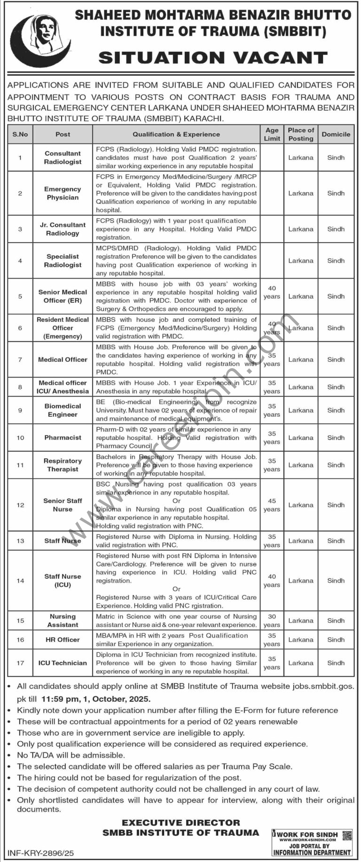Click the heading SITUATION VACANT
(x=213, y=58)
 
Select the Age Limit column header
(x=272, y=134)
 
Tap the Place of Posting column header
(x=301, y=134)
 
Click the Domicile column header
(x=336, y=134)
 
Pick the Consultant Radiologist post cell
(x=63, y=158)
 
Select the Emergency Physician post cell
(x=63, y=193)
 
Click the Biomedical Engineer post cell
(x=63, y=410)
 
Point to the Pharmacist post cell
(x=63, y=437)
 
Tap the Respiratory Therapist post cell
(x=63, y=465)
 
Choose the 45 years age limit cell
(x=272, y=505)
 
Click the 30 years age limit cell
(x=272, y=621)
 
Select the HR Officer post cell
(x=63, y=640)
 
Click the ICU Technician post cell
(x=63, y=663)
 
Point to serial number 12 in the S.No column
(x=20, y=505)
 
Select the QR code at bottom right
(x=346, y=835)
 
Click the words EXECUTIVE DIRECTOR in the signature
(x=180, y=822)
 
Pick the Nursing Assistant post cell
(x=63, y=621)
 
